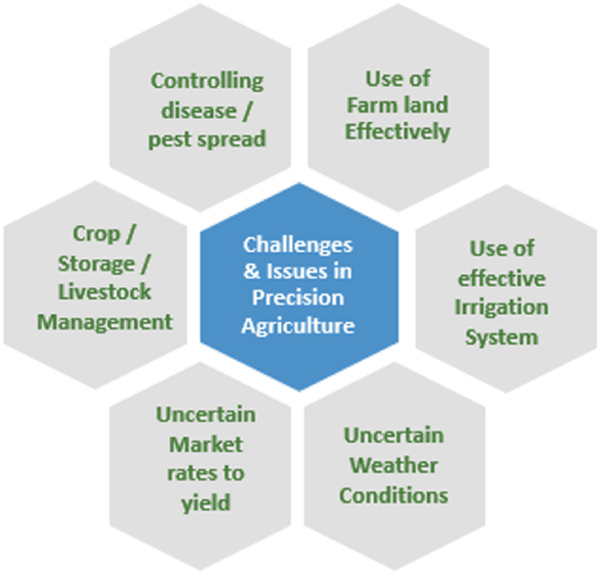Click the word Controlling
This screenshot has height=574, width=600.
coord(207,81)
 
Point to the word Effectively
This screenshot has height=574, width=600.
coord(398,132)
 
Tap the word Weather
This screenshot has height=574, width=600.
coord(393,465)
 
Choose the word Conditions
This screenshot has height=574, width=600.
coord(393,495)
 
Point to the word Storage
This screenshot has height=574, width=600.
coord(96,263)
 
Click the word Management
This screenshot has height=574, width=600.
coord(105,321)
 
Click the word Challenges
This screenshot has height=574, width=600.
coord(298,243)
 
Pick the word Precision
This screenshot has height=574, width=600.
coord(299,298)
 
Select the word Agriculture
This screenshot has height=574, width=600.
coord(299,326)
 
